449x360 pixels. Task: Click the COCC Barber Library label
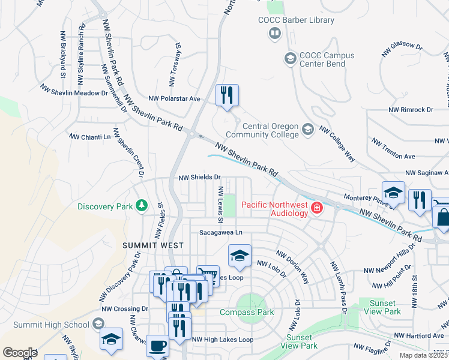(x=296, y=20)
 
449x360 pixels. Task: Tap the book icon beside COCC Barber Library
(x=275, y=33)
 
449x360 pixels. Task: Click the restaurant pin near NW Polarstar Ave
(x=228, y=96)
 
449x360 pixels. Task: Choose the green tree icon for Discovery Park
(x=142, y=206)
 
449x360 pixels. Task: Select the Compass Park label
(x=247, y=312)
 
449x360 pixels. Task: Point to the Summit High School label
(x=46, y=325)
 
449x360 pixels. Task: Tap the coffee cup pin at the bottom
(x=157, y=346)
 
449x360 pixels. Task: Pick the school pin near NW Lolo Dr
(x=240, y=256)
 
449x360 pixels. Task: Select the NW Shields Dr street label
(x=200, y=178)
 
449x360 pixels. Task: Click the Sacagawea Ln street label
(x=221, y=232)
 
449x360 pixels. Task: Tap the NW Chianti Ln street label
(x=91, y=136)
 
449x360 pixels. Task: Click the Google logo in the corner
(x=20, y=353)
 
